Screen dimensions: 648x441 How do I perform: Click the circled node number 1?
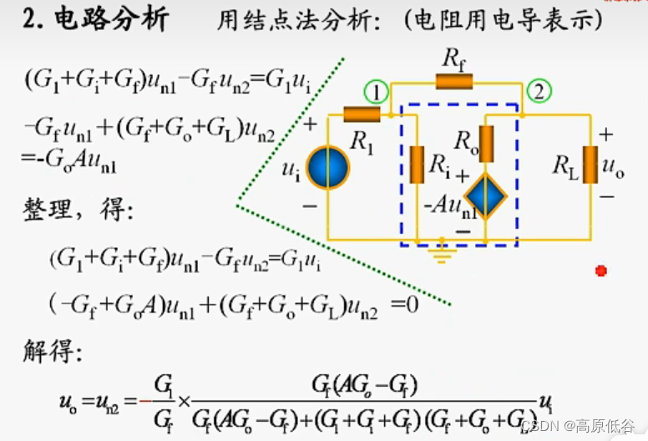pos(376,92)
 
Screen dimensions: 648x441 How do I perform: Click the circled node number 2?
pos(539,92)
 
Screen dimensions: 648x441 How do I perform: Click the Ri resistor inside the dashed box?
pos(416,165)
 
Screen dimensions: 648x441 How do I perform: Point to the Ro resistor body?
pos(486,144)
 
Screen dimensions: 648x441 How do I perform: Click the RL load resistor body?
pos(590,165)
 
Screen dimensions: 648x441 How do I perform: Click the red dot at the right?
pos(600,271)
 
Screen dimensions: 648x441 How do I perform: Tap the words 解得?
pos(52,352)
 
